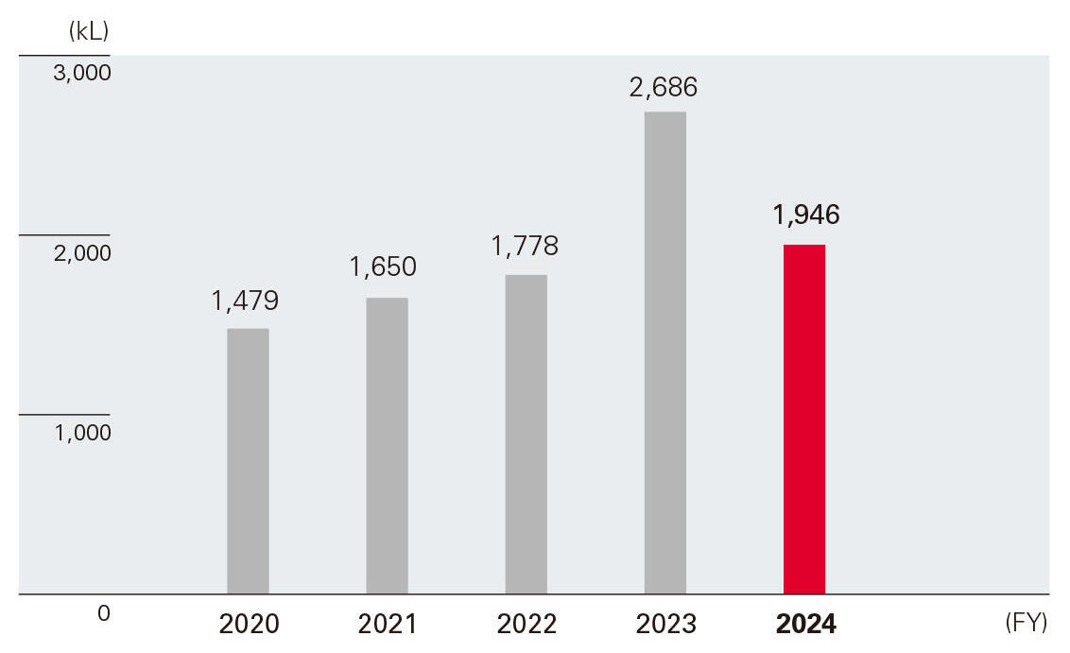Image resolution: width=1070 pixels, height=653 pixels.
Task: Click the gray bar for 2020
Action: tap(249, 461)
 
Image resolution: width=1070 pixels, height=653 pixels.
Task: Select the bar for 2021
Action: tap(388, 446)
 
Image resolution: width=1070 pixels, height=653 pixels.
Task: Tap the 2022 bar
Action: tap(526, 435)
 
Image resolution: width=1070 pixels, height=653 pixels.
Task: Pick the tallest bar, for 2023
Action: tap(665, 353)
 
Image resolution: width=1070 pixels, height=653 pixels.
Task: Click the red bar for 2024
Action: tap(804, 420)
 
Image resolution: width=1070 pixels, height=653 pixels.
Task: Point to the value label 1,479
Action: tap(245, 301)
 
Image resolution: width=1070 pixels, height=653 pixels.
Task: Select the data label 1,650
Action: tap(383, 267)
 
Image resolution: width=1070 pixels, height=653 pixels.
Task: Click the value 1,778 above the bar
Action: tap(525, 247)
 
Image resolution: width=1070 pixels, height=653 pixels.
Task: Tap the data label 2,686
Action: tap(664, 88)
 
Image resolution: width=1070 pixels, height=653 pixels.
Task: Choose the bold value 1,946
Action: tap(806, 215)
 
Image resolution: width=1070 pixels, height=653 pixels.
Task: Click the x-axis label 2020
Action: tap(249, 625)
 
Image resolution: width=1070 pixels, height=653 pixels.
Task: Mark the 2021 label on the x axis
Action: tap(388, 625)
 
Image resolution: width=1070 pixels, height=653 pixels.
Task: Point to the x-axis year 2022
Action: tap(526, 625)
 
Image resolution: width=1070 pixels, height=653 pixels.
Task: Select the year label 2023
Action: tap(665, 625)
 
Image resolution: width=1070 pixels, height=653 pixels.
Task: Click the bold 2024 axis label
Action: tap(805, 625)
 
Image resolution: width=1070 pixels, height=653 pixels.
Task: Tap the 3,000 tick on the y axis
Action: tap(82, 73)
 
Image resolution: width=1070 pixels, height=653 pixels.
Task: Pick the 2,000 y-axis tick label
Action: tap(82, 253)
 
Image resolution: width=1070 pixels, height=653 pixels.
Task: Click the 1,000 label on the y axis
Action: tap(82, 433)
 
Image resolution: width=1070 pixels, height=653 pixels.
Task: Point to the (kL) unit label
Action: tap(89, 30)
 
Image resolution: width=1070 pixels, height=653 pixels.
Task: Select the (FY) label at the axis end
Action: tap(1027, 624)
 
